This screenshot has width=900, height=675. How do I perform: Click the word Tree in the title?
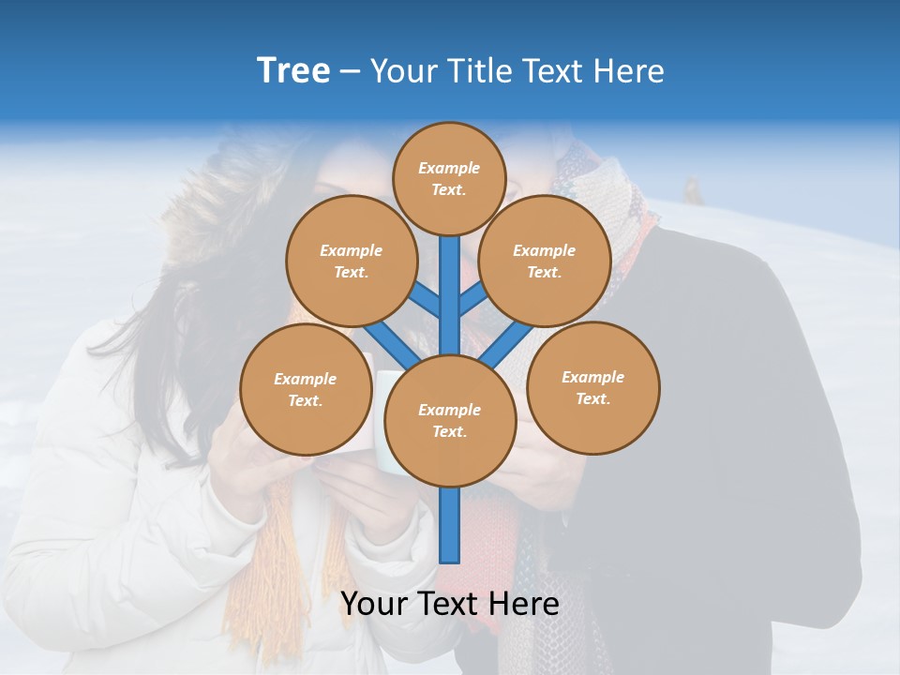pos(293,70)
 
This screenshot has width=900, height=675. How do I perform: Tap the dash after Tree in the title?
pos(351,72)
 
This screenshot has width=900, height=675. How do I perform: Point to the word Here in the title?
pos(629,71)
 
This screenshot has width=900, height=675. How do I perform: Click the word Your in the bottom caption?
pos(374,604)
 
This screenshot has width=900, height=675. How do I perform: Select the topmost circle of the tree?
pos(449,178)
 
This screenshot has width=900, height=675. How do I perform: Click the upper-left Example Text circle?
pos(351,261)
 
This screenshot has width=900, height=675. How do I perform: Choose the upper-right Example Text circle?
pos(544,261)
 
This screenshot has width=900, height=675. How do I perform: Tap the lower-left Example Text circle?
pos(305,389)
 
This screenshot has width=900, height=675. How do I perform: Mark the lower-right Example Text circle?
pos(592,387)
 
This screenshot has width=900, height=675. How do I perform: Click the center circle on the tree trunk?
pos(450,420)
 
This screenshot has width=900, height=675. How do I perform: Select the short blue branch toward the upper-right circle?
pos(472,299)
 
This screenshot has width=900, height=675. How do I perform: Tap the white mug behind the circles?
pos(383,412)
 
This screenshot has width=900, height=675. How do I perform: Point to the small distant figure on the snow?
pos(694,189)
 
